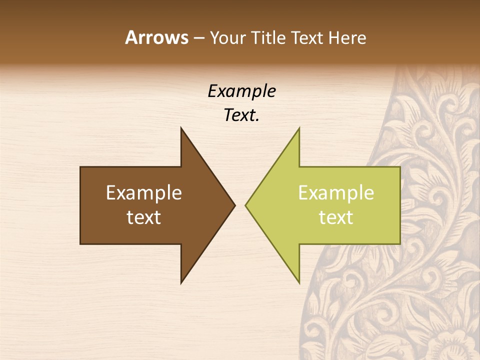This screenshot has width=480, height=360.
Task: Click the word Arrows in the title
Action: [156, 37]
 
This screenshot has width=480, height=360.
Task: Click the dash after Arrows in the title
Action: [199, 38]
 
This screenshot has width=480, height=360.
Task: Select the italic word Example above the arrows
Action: [242, 91]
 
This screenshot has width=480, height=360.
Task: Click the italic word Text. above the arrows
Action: [242, 115]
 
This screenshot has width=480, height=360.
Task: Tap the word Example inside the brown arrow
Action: [144, 193]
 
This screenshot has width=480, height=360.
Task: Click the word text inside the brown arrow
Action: [144, 217]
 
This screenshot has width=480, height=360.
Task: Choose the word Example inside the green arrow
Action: [336, 193]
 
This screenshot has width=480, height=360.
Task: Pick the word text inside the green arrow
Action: [336, 217]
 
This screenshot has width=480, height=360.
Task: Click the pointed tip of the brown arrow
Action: [234, 205]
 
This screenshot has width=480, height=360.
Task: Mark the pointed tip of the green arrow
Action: [245, 205]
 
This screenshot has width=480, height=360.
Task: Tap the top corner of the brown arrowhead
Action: [181, 128]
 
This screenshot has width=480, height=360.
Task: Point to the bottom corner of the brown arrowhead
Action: [181, 283]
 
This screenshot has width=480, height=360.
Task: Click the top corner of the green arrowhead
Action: [299, 128]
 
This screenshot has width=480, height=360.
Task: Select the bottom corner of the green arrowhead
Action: [299, 283]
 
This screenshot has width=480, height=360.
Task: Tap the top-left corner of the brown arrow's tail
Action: [80, 167]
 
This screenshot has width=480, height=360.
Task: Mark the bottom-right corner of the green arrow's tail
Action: [400, 243]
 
